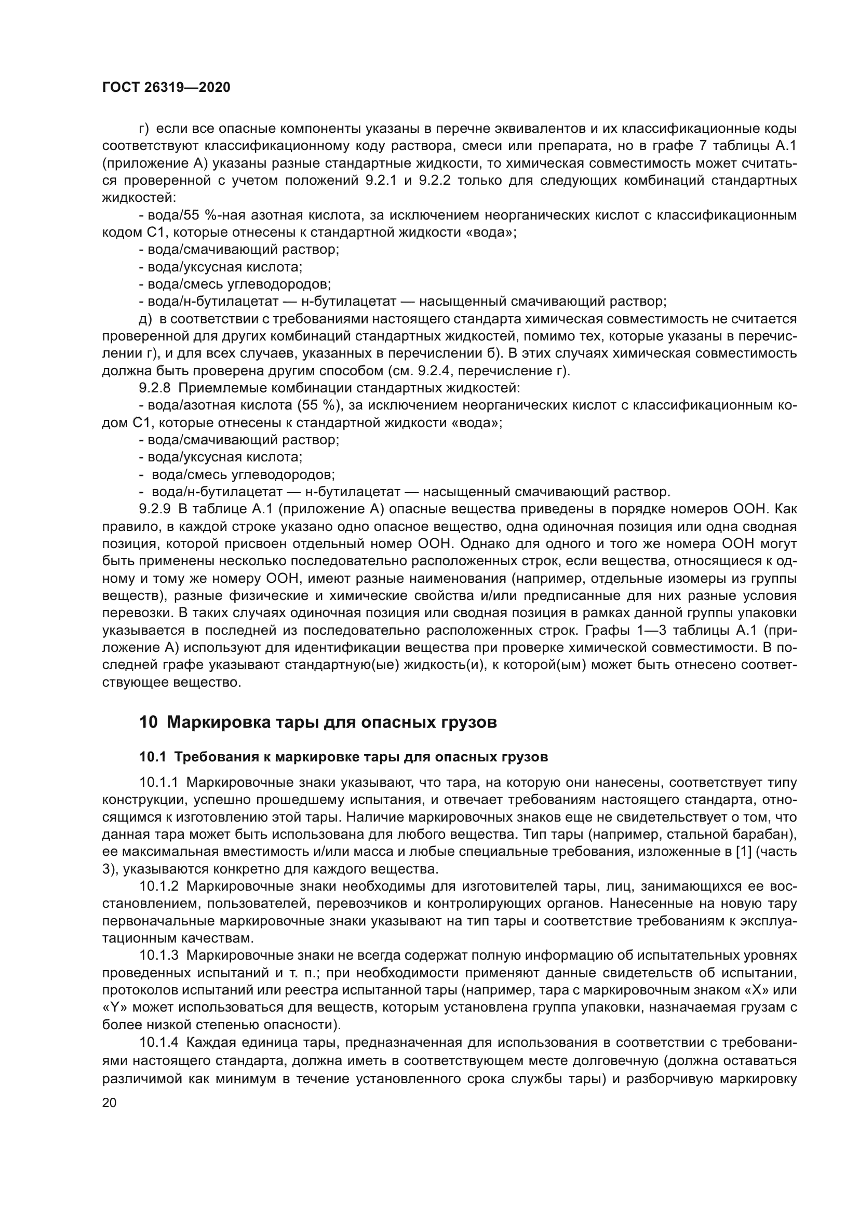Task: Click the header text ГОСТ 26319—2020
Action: pos(166,88)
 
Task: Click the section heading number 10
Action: pos(148,722)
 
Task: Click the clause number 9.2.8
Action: pos(154,388)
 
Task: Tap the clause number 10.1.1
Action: pos(159,783)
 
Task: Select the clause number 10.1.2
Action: pos(159,886)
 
